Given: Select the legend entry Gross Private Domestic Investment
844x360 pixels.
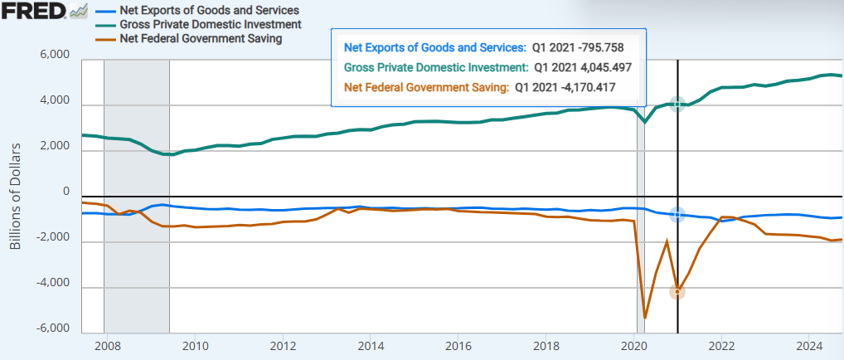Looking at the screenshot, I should tap(210, 24).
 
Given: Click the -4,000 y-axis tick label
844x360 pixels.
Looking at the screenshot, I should tap(53, 286).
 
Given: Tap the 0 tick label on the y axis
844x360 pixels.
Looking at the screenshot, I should tap(65, 192).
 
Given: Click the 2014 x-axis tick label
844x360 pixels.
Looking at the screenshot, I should tap(371, 345).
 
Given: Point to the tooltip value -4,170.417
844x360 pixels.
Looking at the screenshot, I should tap(582, 86).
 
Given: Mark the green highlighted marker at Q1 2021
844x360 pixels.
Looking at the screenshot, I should tap(677, 104).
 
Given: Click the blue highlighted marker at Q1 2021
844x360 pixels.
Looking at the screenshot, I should tap(677, 214).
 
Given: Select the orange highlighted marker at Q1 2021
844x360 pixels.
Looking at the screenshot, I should tap(677, 291).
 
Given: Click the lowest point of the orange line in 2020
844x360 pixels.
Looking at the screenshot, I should tap(645, 318).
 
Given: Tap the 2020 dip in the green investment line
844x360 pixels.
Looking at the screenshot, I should tap(645, 122).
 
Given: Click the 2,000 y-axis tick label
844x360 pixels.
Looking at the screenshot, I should tap(55, 149).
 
